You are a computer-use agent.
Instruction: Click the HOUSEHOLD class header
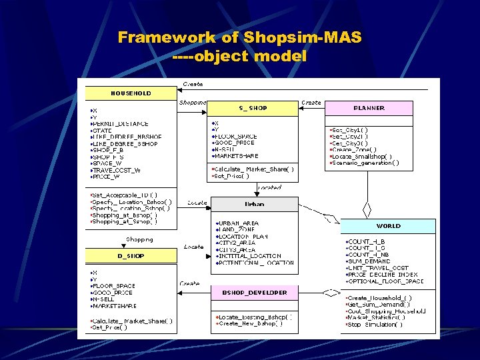[131, 93]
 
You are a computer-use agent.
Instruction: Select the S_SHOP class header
[253, 107]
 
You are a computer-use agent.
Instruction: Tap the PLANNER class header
[369, 107]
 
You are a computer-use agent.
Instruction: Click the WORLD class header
[389, 226]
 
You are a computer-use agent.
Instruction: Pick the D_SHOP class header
[131, 256]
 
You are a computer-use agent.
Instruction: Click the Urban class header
[254, 204]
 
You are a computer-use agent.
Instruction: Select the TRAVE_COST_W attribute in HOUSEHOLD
[117, 170]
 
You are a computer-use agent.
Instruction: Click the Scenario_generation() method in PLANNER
[366, 162]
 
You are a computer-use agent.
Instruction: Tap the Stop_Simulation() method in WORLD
[375, 324]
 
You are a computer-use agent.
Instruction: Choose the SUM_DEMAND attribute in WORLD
[369, 261]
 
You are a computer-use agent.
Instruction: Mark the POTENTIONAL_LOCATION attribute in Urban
[255, 263]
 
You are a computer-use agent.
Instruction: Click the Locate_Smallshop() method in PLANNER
[361, 156]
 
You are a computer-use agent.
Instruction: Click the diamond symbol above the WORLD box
[366, 209]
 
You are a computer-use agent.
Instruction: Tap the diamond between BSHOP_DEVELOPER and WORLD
[330, 292]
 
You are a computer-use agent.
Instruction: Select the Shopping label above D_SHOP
[139, 239]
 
